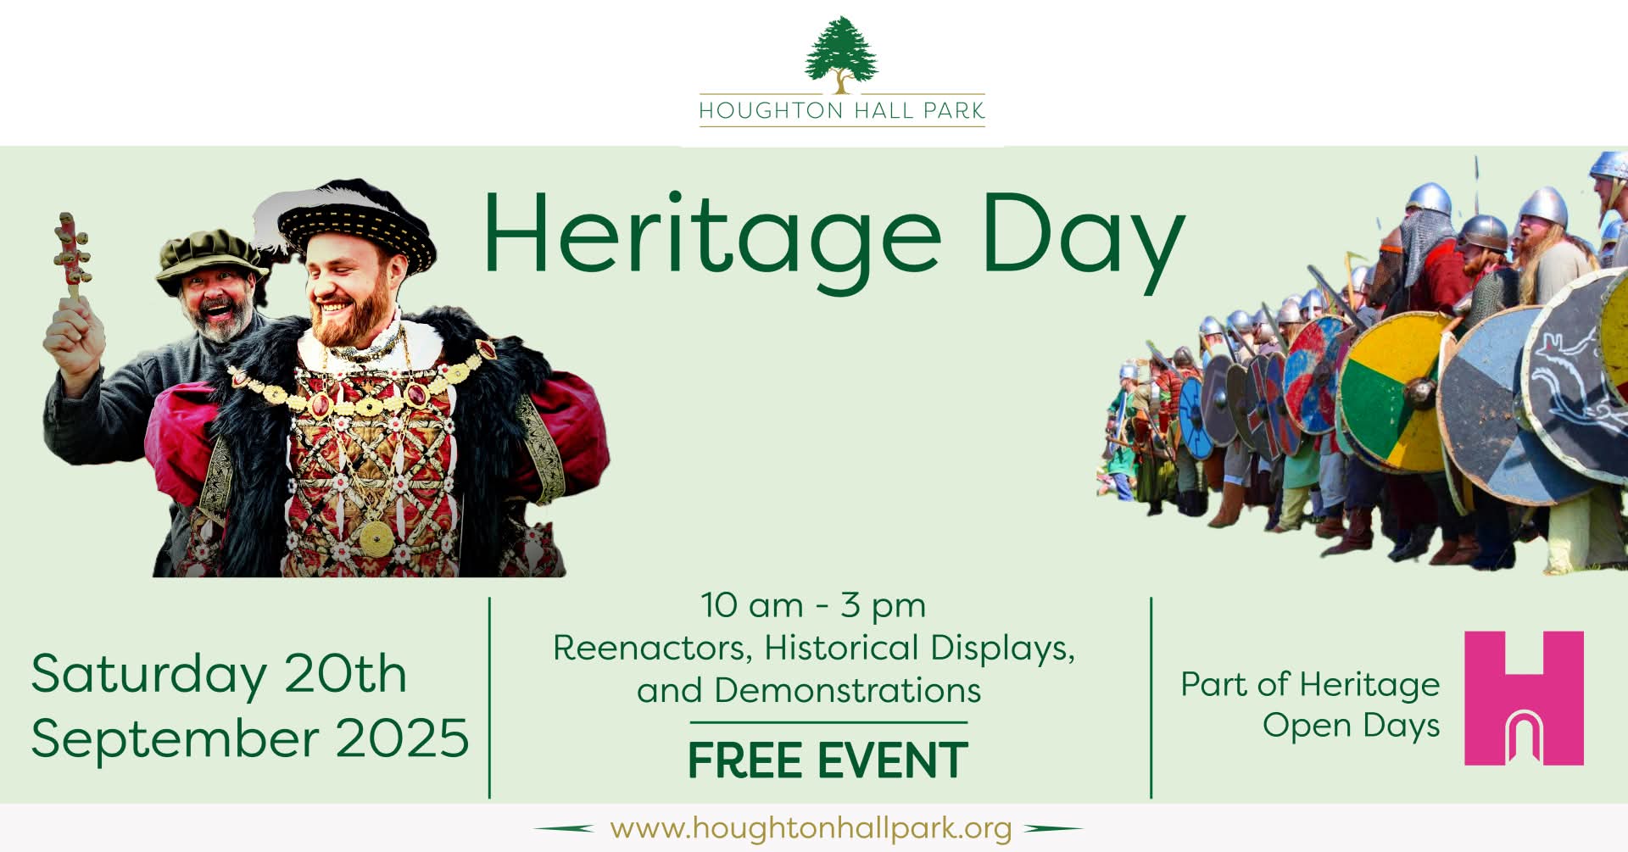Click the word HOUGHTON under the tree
coord(759,111)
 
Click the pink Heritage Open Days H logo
coord(1524,698)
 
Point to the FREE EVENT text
coord(828,760)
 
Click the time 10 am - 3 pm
coord(813,606)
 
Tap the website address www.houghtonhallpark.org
coord(811,827)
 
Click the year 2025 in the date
coord(403,738)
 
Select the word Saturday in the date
coord(148,676)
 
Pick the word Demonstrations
coord(847,690)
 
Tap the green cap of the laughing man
coord(208,257)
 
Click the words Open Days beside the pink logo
coord(1351,727)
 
